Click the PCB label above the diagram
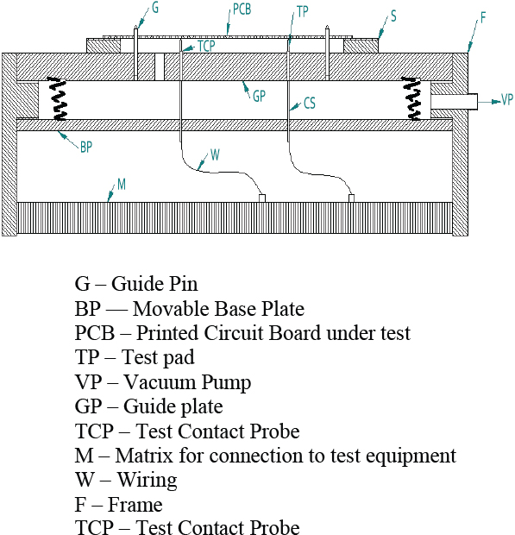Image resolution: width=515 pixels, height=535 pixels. pyautogui.click(x=242, y=9)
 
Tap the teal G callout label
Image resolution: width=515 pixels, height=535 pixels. pyautogui.click(x=155, y=8)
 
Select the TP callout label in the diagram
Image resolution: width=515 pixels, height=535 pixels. pyautogui.click(x=303, y=12)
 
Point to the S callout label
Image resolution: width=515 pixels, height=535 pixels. pyautogui.click(x=393, y=16)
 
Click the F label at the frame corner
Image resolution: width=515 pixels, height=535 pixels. pyautogui.click(x=482, y=18)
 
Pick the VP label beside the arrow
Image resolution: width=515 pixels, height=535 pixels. pyautogui.click(x=507, y=99)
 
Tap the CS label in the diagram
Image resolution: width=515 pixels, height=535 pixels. pyautogui.click(x=310, y=103)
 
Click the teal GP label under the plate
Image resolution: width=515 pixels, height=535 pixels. pyautogui.click(x=259, y=96)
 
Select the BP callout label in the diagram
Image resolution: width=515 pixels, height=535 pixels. pyautogui.click(x=86, y=147)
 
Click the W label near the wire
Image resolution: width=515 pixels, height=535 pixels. pyautogui.click(x=215, y=155)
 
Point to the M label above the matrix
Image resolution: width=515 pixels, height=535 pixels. pyautogui.click(x=122, y=185)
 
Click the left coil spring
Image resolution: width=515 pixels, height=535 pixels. pyautogui.click(x=58, y=99)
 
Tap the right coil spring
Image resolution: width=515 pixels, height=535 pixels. pyautogui.click(x=411, y=99)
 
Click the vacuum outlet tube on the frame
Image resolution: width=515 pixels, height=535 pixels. pyautogui.click(x=454, y=102)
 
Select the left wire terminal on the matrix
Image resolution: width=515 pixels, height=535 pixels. pyautogui.click(x=262, y=198)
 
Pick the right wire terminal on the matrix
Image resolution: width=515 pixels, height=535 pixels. pyautogui.click(x=351, y=198)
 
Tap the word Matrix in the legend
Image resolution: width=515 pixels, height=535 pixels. pyautogui.click(x=144, y=456)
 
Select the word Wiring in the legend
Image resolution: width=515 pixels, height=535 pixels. pyautogui.click(x=148, y=480)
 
